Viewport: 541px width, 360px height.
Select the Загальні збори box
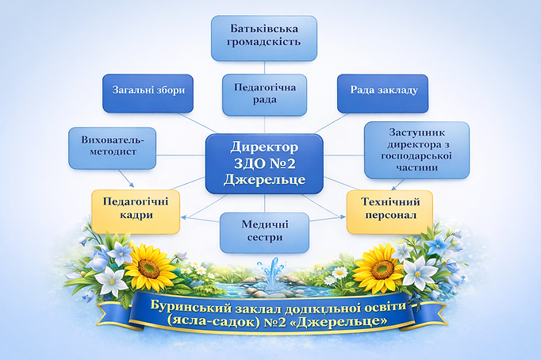tap(144, 93)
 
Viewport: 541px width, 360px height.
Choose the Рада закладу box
tap(383, 93)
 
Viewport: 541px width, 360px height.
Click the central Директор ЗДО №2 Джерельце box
tap(264, 163)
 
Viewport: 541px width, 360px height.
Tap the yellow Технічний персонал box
tap(389, 210)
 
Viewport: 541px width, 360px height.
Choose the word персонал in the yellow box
tap(389, 217)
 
